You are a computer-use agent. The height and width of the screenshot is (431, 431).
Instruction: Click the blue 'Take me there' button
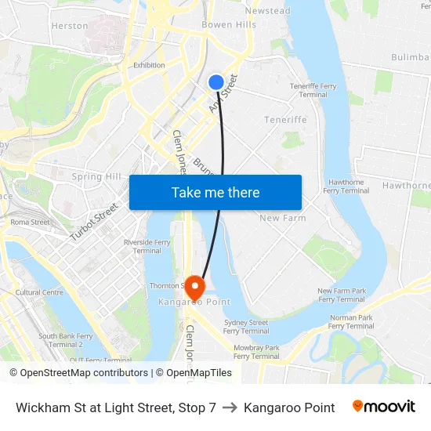click(x=215, y=193)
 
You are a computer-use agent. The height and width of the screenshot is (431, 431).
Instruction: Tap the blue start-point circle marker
click(x=216, y=81)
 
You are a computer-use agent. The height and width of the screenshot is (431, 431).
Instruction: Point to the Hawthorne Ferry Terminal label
click(x=346, y=186)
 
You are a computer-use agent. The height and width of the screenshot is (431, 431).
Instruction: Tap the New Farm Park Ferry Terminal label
click(x=341, y=295)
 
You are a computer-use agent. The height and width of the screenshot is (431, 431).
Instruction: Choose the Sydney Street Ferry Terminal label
click(x=245, y=327)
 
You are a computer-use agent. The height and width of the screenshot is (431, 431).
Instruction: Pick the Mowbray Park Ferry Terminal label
click(x=256, y=351)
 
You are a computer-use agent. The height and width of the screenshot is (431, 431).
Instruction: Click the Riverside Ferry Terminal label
click(x=147, y=247)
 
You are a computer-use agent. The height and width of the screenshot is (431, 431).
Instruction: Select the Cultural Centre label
click(x=39, y=292)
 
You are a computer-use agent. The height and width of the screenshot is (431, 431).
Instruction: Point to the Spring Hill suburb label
click(x=97, y=177)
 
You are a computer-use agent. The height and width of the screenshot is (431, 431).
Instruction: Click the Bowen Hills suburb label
click(x=229, y=25)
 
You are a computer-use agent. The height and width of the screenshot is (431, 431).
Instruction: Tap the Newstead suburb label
click(x=267, y=11)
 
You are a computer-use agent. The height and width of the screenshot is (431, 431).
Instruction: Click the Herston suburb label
click(x=70, y=26)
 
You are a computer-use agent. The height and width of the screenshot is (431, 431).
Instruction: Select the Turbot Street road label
click(x=93, y=222)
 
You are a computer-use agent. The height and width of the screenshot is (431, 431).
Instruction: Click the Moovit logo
click(x=383, y=407)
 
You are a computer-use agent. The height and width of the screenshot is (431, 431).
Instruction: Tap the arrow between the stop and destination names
click(x=230, y=407)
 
